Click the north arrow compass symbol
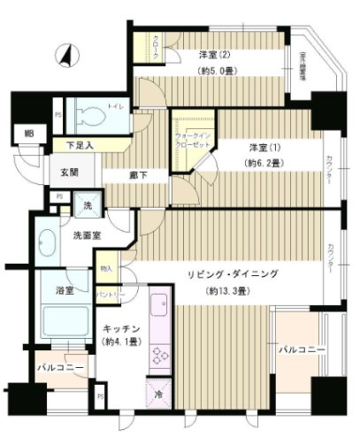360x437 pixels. pos(65,56)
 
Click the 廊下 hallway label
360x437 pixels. pos(138,174)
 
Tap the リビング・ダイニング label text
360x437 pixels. pos(233,275)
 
